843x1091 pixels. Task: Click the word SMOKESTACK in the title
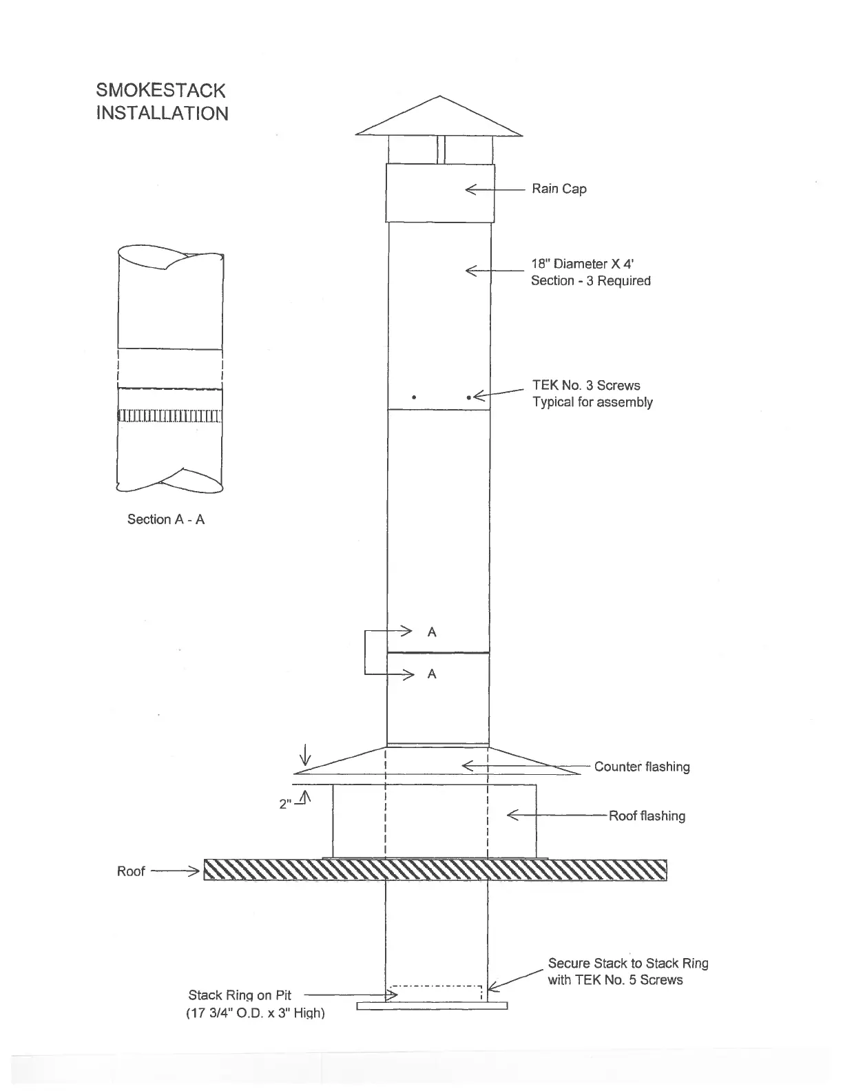160,90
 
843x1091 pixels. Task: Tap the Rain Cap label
559,189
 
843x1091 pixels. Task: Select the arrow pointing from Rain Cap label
495,189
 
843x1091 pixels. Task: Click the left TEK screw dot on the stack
413,397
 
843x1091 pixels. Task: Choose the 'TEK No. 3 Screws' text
586,386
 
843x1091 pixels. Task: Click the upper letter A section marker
432,632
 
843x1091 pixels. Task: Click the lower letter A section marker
432,674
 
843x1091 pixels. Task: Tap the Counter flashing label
642,767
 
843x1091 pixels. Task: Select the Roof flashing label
647,816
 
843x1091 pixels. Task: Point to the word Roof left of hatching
131,871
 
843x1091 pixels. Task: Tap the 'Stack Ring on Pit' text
240,995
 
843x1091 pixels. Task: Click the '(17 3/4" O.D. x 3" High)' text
255,1013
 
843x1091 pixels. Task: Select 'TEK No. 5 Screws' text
615,980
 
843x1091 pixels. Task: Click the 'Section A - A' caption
166,519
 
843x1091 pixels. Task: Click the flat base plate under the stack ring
432,1006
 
